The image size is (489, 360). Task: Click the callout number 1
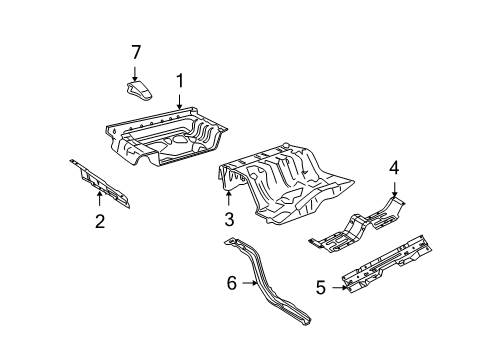point(180,81)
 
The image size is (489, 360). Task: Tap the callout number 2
point(100,221)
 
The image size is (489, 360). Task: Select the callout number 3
point(229,219)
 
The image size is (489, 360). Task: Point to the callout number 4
point(394,168)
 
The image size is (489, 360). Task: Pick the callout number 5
point(321,287)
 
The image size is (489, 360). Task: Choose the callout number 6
point(232,283)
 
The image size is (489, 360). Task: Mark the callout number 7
point(135,52)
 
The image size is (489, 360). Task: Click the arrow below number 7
point(135,74)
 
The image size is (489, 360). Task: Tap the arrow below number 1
point(180,102)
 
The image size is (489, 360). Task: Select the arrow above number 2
point(99,199)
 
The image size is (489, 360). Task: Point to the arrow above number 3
point(228,198)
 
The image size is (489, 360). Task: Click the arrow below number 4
point(394,190)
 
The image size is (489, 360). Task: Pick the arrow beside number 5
point(340,287)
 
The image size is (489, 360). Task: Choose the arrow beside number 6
point(250,283)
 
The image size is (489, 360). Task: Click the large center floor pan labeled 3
point(287,183)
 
